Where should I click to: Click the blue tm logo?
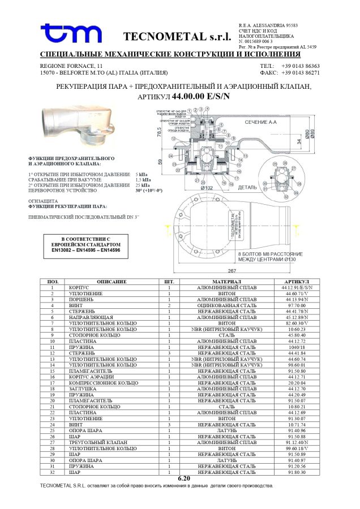[x=71, y=34]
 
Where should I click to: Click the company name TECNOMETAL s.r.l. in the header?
[x=177, y=37]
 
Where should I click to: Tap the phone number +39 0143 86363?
[x=301, y=66]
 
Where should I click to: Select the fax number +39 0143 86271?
[x=301, y=73]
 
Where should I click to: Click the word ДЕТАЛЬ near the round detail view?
[x=247, y=187]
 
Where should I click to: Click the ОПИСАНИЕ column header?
[x=112, y=282]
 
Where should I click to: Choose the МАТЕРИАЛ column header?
[x=226, y=282]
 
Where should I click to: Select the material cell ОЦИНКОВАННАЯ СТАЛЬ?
[x=226, y=305]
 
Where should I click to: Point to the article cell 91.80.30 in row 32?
[x=297, y=472]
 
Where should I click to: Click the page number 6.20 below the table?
[x=184, y=478]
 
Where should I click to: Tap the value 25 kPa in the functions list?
[x=143, y=184]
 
